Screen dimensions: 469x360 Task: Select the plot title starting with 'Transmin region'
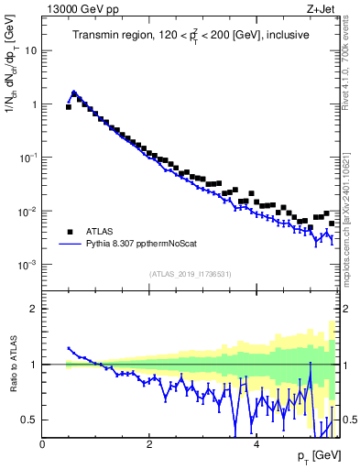191,35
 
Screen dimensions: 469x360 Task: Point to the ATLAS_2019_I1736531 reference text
191,274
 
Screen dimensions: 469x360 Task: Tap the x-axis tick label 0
42,444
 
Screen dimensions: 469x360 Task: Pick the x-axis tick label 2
149,444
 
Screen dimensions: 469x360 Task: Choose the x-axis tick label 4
256,444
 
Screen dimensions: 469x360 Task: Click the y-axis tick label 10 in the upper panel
30,50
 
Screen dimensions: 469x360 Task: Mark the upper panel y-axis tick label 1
34,104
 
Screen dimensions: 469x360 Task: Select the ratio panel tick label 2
34,309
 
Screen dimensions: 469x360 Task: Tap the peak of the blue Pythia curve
74,92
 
